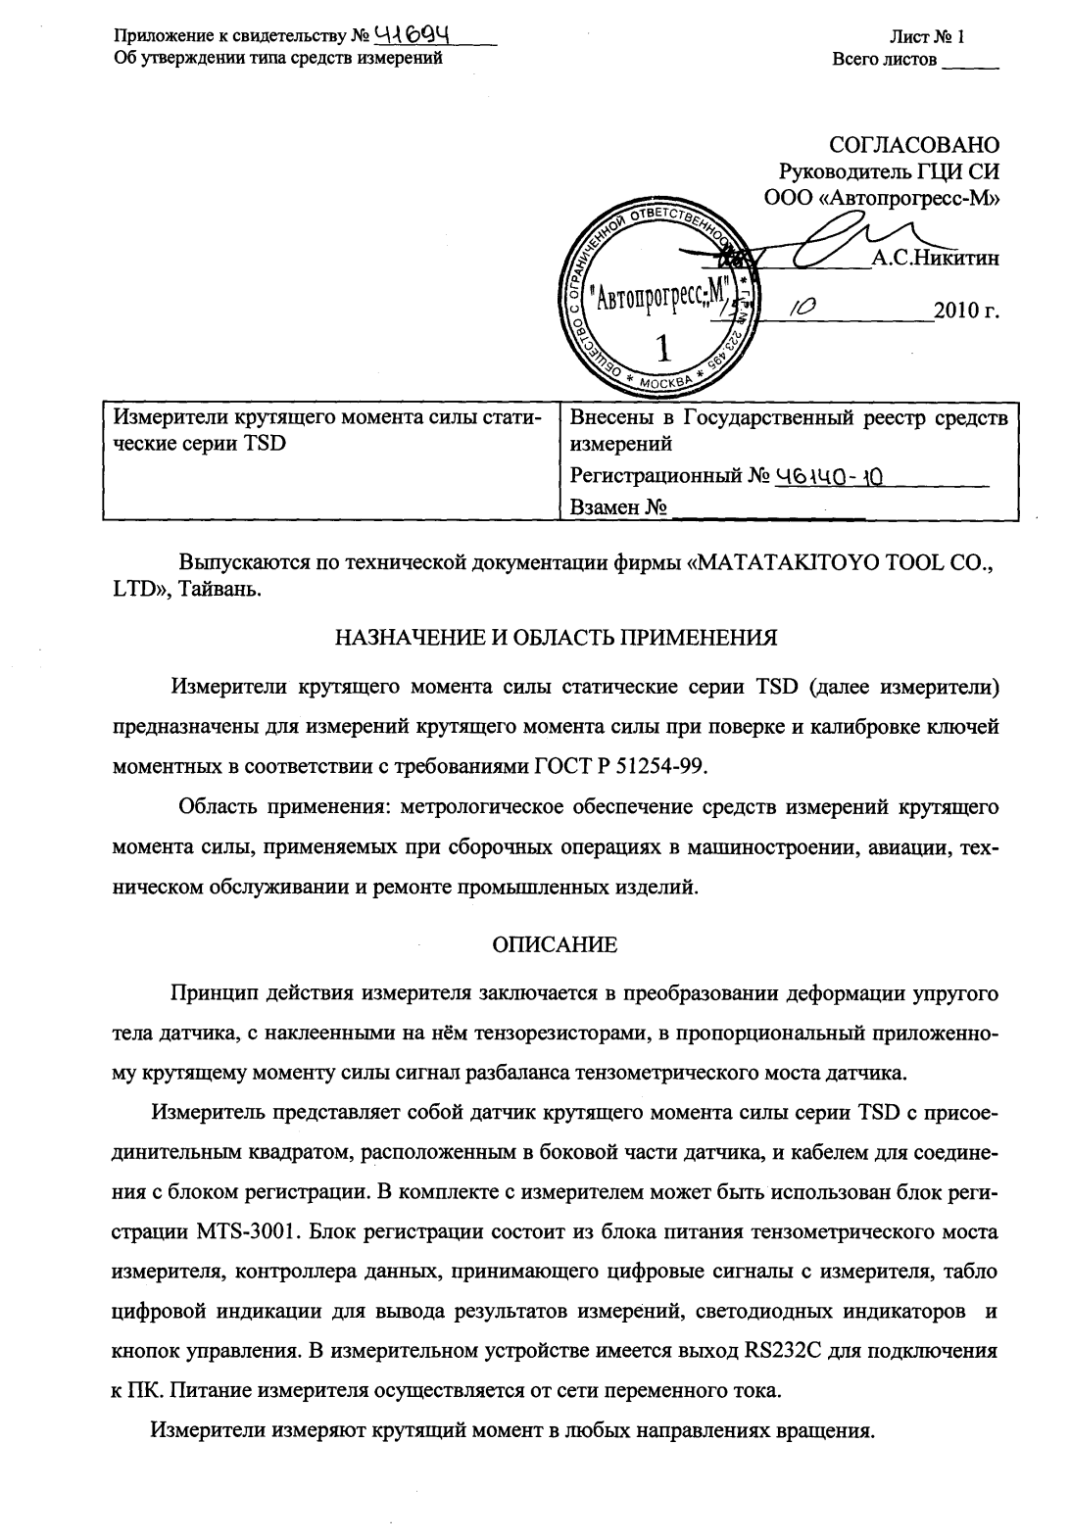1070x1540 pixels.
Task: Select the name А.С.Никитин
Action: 936,259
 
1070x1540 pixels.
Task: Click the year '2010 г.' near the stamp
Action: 966,312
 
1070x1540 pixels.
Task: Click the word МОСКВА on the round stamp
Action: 666,379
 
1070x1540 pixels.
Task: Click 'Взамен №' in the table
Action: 618,507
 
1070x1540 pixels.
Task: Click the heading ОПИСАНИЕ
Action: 554,945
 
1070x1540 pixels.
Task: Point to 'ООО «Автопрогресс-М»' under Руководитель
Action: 881,197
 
